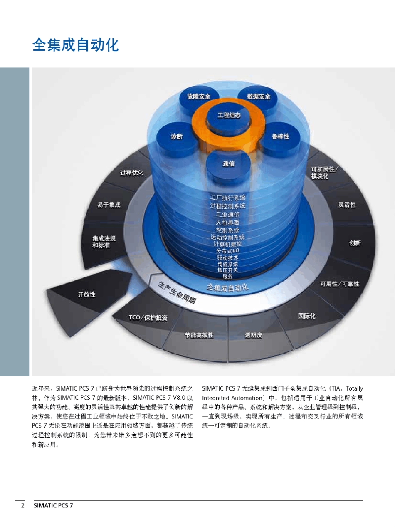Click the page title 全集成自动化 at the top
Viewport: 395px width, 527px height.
(76, 45)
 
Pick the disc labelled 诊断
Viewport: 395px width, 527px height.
(177, 139)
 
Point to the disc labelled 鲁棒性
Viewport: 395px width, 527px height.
(280, 139)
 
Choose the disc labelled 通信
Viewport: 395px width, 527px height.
(228, 167)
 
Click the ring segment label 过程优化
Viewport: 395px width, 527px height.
(131, 173)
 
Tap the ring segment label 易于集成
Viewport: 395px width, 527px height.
(109, 205)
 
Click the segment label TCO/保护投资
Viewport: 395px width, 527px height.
(148, 318)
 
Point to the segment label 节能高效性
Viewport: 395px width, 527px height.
(199, 335)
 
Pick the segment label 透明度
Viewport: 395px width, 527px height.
(253, 335)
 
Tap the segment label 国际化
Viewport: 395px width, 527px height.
(306, 316)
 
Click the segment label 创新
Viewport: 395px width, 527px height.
(355, 243)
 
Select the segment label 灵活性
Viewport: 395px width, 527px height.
(347, 205)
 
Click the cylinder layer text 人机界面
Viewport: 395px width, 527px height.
(227, 223)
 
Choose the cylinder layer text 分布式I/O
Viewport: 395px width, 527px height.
(227, 251)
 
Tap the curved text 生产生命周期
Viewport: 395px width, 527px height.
(177, 293)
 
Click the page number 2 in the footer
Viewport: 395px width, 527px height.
(22, 505)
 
